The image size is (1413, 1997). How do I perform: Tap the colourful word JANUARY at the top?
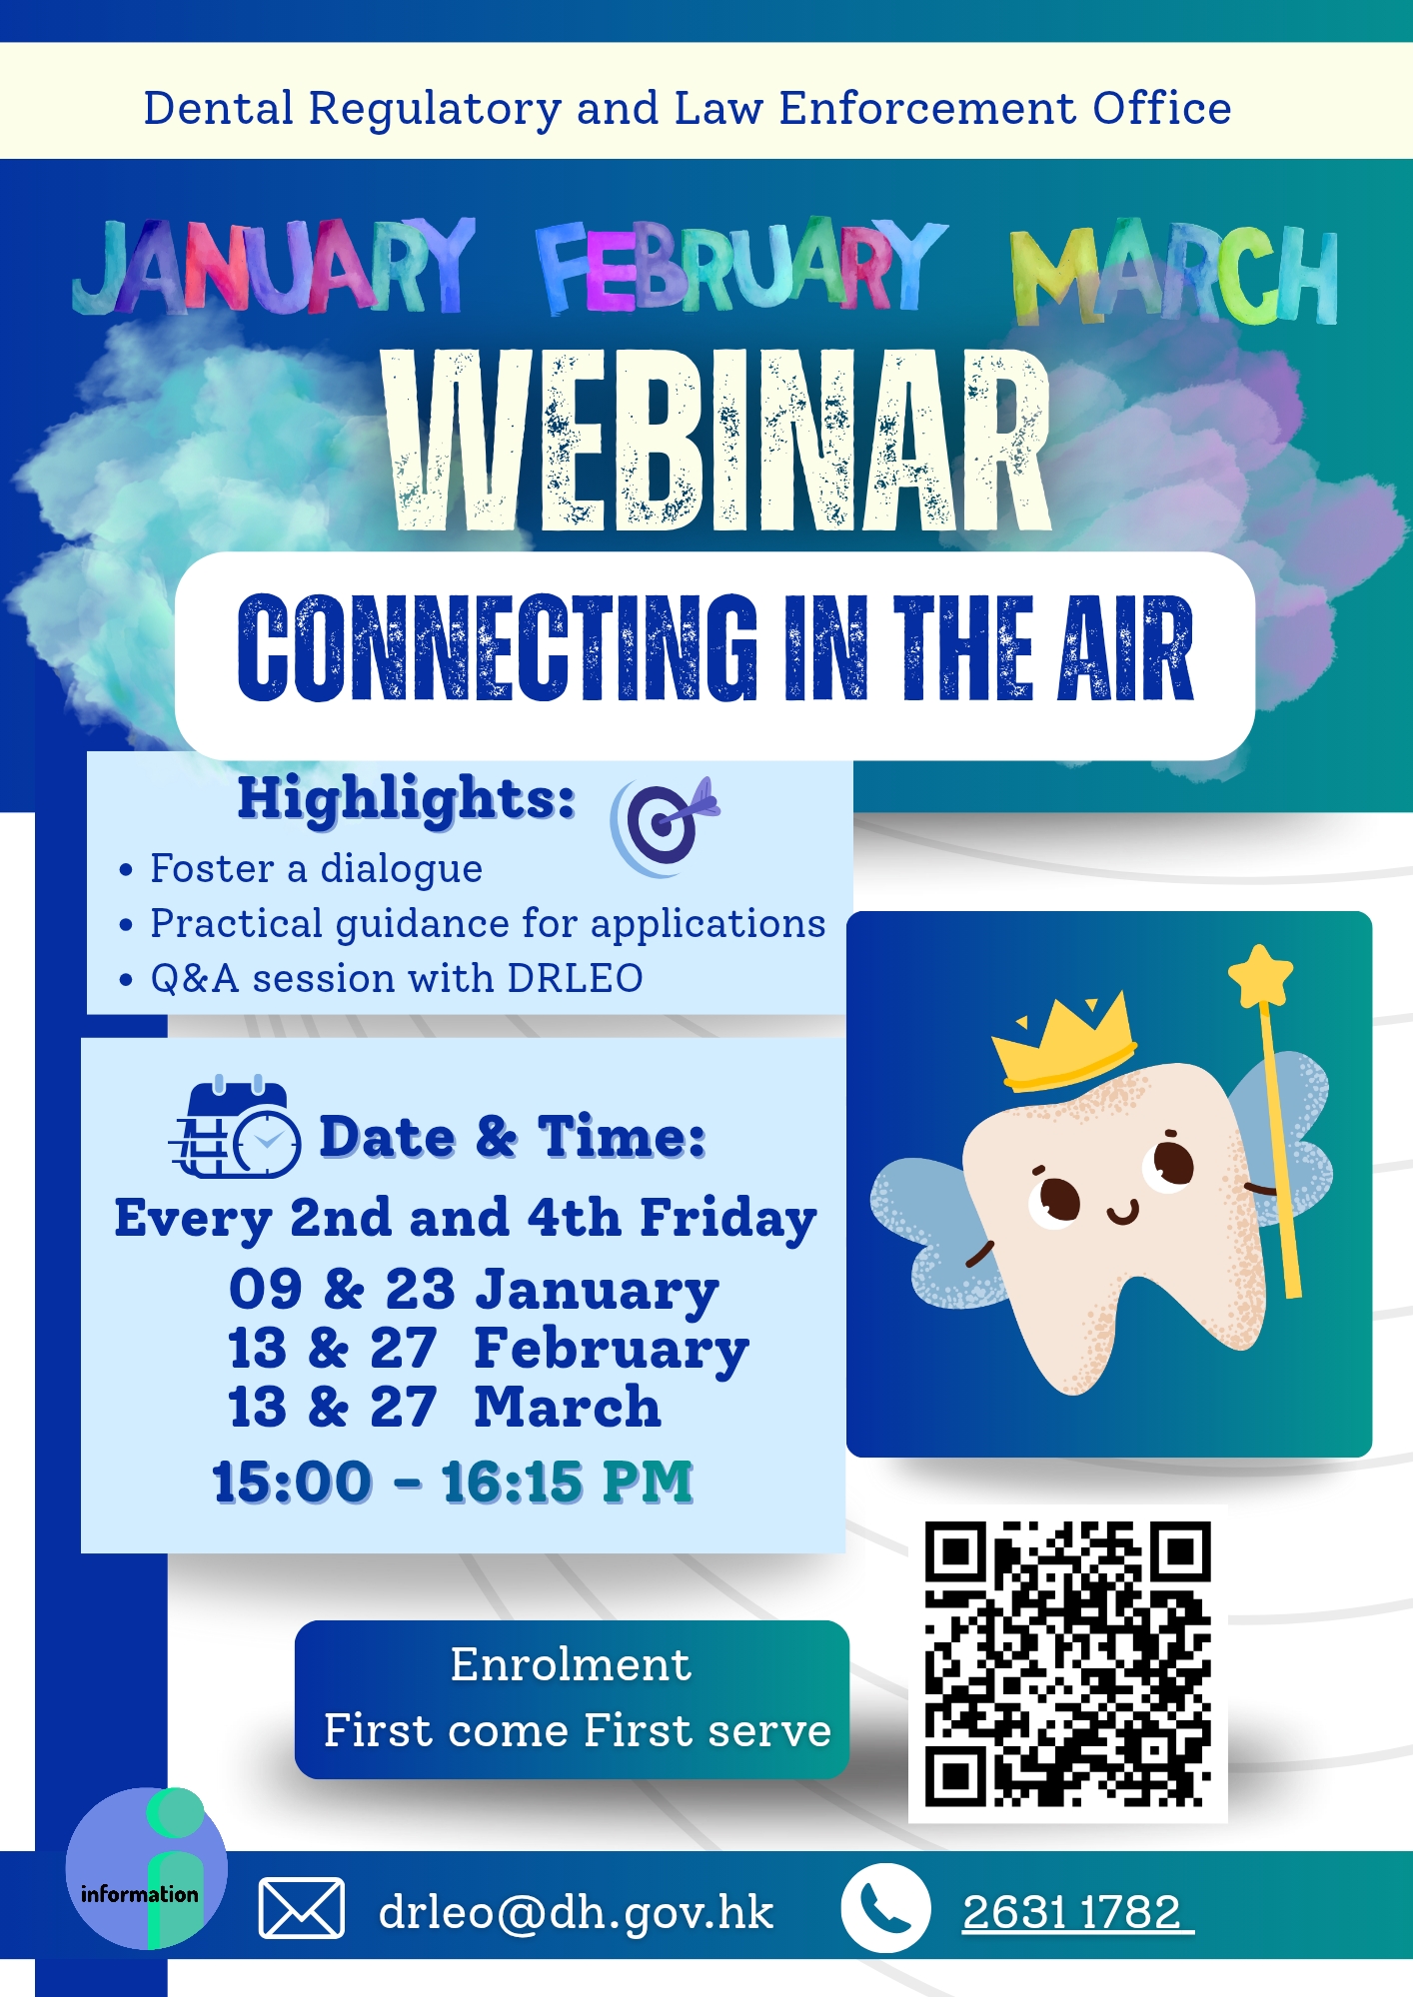click(x=273, y=267)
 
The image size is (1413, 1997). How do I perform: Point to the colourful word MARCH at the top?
click(x=1174, y=275)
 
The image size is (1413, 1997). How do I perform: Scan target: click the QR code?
click(x=1067, y=1664)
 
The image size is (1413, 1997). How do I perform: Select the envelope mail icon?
click(x=302, y=1908)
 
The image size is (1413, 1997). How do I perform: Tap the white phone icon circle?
click(x=884, y=1908)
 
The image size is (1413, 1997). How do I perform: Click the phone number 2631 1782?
click(x=1073, y=1912)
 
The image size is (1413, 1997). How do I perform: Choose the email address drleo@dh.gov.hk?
click(x=576, y=1912)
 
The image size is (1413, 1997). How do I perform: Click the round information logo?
click(x=146, y=1868)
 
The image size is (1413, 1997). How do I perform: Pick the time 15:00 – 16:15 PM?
click(x=453, y=1482)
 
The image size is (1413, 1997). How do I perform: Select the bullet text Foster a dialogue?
click(x=316, y=868)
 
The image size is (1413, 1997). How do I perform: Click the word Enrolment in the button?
click(x=571, y=1664)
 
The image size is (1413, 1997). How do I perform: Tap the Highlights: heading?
click(x=406, y=798)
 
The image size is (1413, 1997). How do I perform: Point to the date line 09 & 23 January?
click(x=474, y=1289)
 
